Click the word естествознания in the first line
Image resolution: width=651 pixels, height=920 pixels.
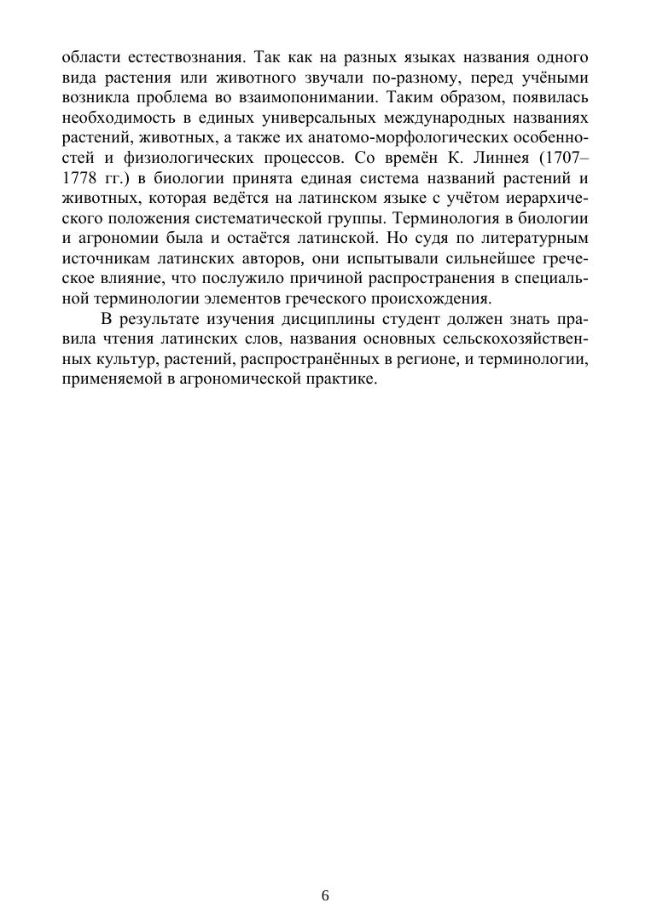point(159,59)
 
